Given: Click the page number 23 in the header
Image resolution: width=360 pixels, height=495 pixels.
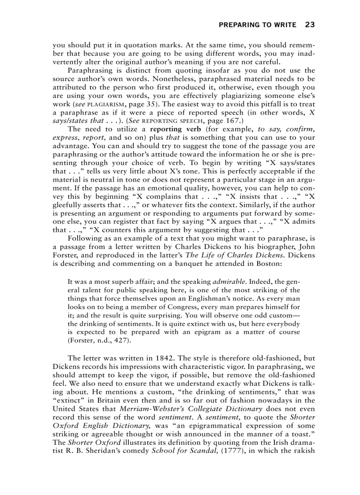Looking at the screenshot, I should pyautogui.click(x=310, y=25).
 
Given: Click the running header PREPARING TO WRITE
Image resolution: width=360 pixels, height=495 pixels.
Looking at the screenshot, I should pyautogui.click(x=258, y=25).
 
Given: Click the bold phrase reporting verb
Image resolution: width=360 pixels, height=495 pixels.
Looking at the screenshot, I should pyautogui.click(x=168, y=129).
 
